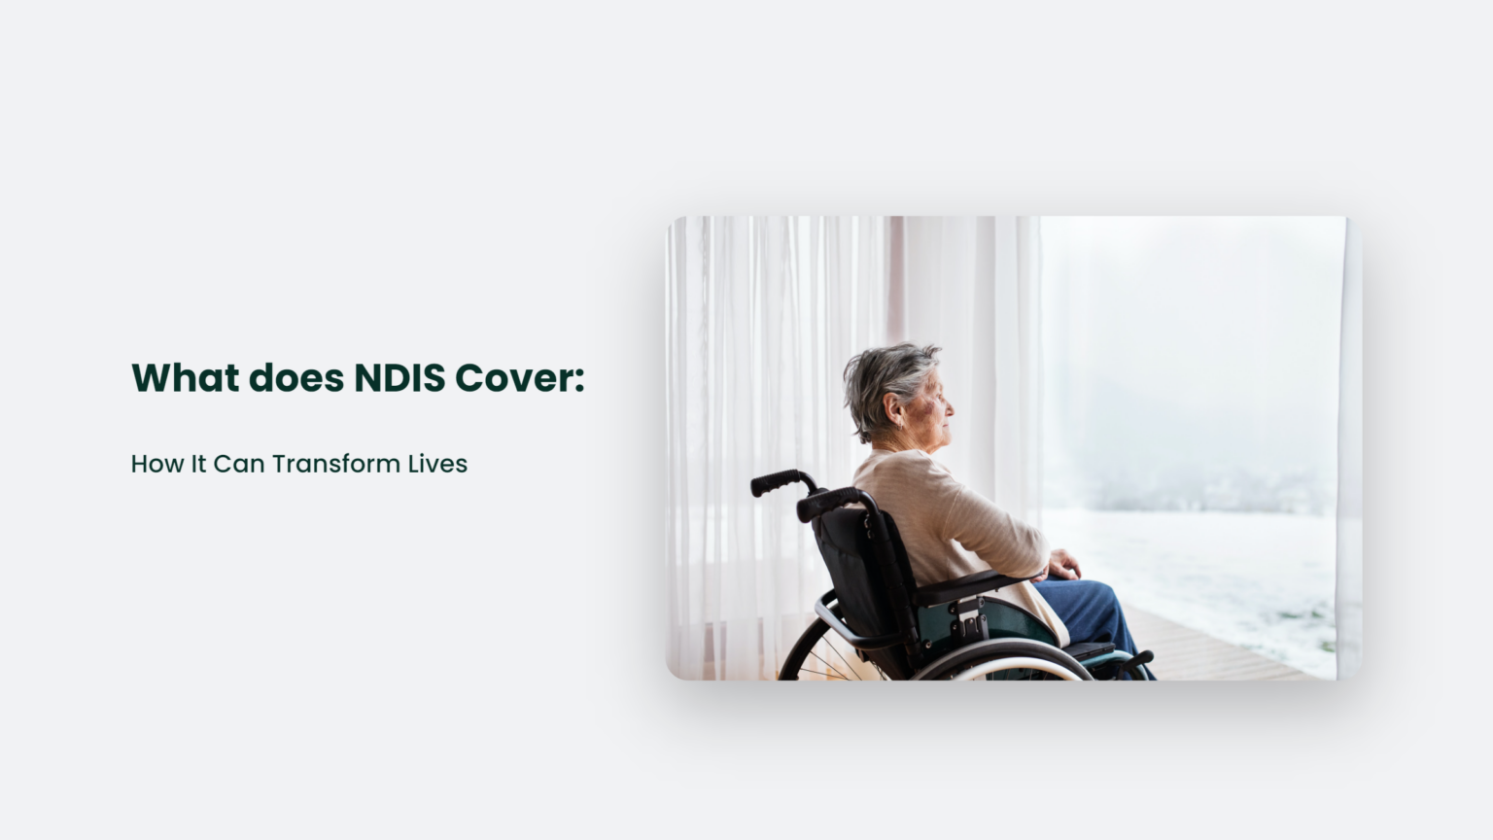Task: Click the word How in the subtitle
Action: [156, 464]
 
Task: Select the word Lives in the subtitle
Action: [437, 464]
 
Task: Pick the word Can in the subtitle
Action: [238, 464]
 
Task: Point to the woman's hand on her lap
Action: [1063, 563]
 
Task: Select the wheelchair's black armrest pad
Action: [962, 586]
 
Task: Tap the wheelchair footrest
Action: [1132, 662]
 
